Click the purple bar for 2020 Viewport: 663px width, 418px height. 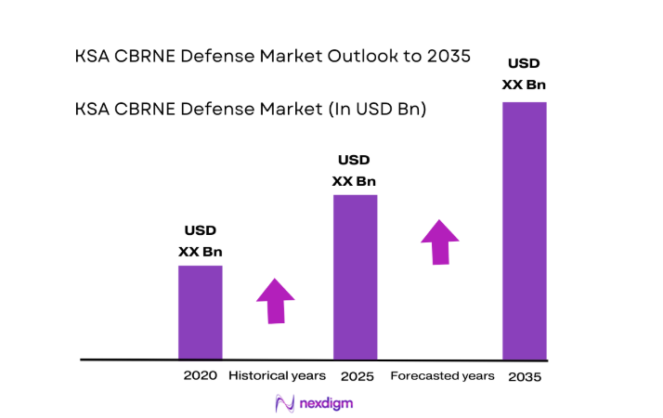tap(200, 311)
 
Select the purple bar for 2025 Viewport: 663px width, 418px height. tap(355, 276)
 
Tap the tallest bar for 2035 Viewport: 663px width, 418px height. tap(524, 229)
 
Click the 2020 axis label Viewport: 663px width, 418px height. tap(201, 375)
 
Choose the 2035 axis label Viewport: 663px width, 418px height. tap(525, 376)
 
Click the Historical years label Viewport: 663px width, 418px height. tap(277, 375)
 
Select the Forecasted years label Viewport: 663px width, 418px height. tap(442, 375)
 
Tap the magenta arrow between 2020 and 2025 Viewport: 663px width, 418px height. tap(275, 300)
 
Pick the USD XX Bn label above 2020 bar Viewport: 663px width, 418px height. tap(201, 241)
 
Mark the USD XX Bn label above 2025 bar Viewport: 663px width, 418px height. tap(354, 170)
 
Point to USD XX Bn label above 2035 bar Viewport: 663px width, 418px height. tap(524, 74)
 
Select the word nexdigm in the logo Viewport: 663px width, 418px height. tap(326, 403)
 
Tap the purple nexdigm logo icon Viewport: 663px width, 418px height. tap(286, 403)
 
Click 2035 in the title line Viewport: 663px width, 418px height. tap(446, 56)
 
